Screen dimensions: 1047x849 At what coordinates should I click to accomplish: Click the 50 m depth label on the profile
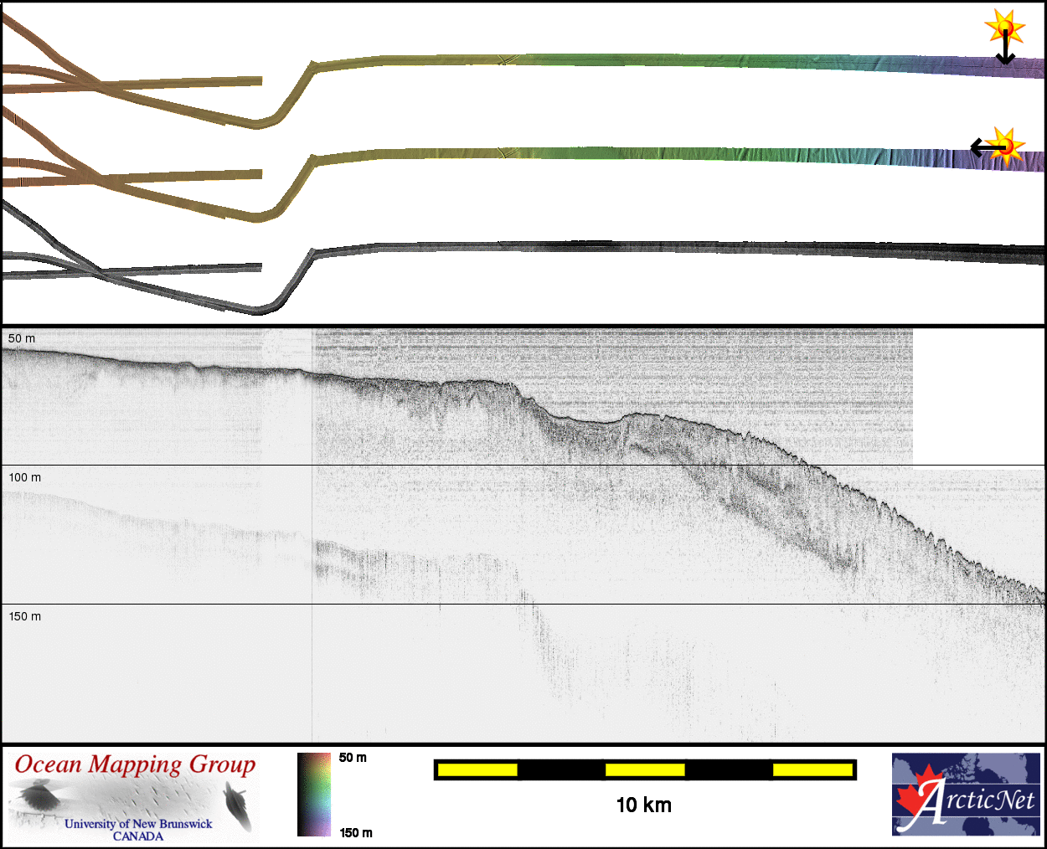(x=22, y=338)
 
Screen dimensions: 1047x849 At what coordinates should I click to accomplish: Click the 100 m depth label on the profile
(x=24, y=477)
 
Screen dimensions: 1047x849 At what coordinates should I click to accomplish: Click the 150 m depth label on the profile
(x=24, y=616)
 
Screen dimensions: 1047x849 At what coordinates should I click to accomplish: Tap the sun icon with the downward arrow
(x=1005, y=27)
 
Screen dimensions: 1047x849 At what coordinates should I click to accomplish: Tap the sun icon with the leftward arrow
(x=1006, y=147)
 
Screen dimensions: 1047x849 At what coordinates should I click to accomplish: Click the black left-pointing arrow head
(x=976, y=147)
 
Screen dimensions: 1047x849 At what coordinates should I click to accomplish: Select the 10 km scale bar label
(x=644, y=805)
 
